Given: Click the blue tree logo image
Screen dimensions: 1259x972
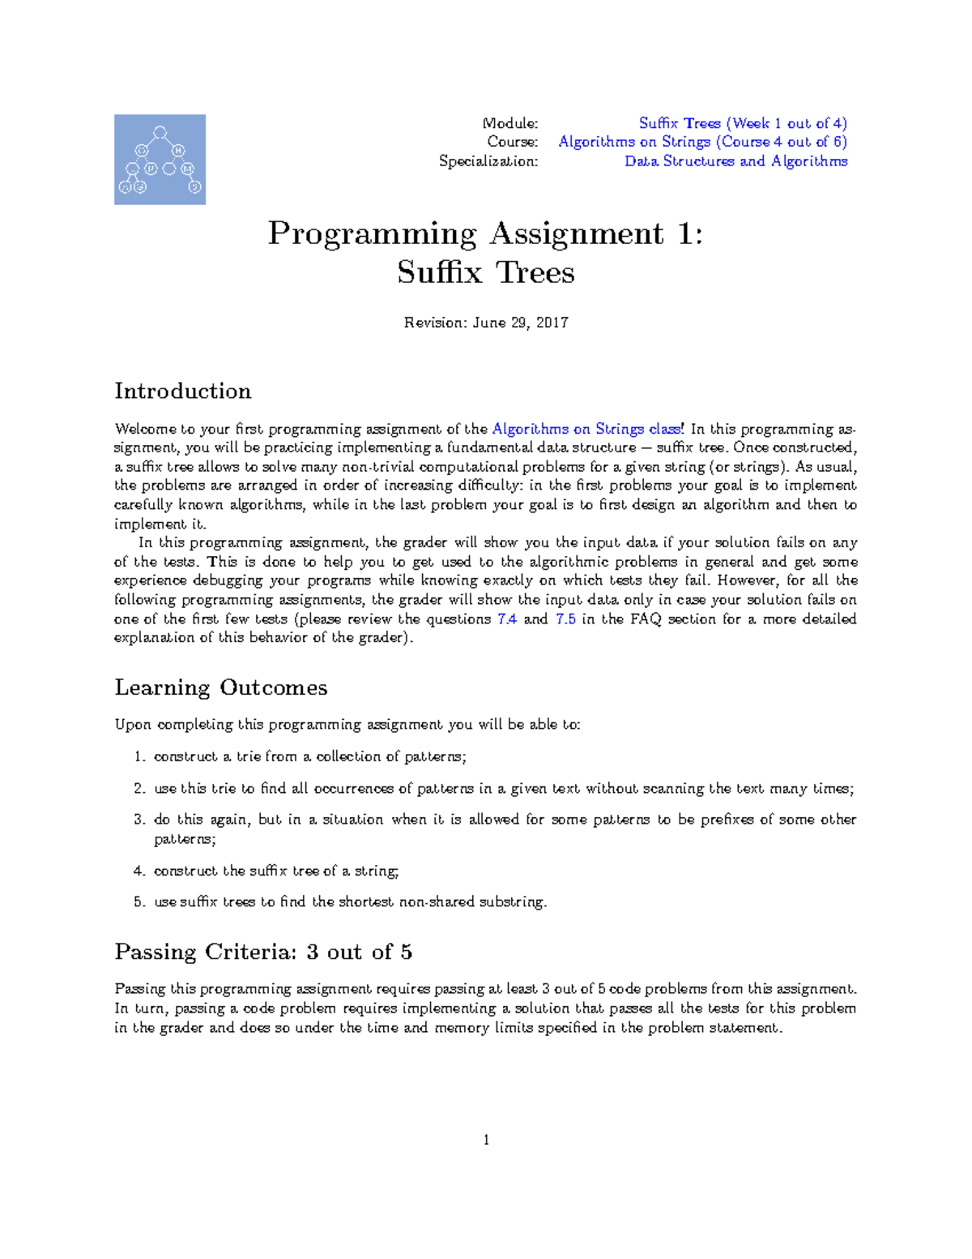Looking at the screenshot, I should coord(160,160).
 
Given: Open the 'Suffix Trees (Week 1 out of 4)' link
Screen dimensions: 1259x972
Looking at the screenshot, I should coord(742,123).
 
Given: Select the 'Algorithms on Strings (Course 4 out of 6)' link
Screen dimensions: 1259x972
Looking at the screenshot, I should coord(702,142).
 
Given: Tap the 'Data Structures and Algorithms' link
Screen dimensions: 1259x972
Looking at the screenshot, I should coord(735,161).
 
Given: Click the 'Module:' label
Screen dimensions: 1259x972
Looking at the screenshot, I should coord(509,123).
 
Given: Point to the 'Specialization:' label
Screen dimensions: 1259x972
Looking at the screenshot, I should coord(488,161).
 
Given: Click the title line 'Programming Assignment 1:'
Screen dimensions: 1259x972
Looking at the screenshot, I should coord(485,234).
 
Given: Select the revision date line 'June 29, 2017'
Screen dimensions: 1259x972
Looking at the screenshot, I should coord(486,323).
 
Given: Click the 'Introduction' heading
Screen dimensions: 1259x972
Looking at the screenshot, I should coord(183,392).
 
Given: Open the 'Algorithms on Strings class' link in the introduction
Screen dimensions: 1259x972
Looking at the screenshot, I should coord(587,429).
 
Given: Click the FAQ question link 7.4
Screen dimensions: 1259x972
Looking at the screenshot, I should coord(506,619).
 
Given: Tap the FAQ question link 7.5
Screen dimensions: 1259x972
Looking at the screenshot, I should coord(565,619).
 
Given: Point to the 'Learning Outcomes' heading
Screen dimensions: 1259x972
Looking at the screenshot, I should coord(221,687).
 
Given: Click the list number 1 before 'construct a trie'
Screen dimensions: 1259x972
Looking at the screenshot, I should coord(139,757).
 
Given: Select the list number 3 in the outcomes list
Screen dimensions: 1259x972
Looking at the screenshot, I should coord(139,820).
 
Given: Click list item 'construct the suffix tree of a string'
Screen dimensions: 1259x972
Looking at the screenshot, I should coord(276,871).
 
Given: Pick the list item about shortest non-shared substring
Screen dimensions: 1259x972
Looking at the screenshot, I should coord(350,901).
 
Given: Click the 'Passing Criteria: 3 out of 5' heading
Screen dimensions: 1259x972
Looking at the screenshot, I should coord(263,952).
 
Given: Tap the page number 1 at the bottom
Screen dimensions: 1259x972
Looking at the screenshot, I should coord(486,1140).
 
